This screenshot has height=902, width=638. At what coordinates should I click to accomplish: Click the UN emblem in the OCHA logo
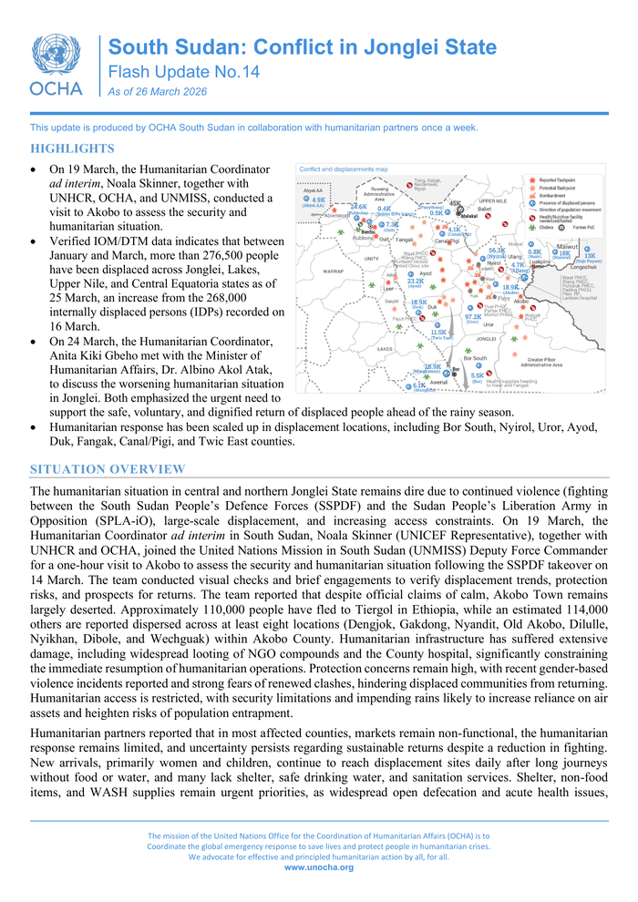56,56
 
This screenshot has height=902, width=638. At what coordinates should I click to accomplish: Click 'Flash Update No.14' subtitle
170,71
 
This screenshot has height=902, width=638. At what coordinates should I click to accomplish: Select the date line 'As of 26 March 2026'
157,92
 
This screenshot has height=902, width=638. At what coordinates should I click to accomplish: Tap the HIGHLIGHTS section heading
72,149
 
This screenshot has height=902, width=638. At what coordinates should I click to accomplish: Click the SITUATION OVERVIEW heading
108,469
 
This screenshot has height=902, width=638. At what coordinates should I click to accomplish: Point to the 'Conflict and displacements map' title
344,169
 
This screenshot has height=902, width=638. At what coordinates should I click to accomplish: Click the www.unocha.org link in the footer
318,867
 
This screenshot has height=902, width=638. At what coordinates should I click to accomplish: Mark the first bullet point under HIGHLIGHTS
35,170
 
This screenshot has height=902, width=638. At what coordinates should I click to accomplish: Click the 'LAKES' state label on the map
386,348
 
